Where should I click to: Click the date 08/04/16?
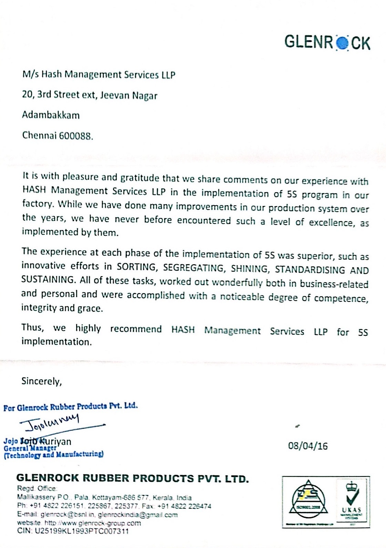coord(308,446)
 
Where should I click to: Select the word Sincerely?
coord(41,381)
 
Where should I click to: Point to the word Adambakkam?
coord(51,115)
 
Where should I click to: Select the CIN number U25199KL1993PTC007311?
coord(82,531)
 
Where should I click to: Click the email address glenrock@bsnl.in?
coord(68,515)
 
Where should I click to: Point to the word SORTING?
coord(136,267)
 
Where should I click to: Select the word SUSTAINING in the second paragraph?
coord(48,279)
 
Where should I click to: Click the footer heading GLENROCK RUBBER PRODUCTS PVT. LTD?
coord(132,478)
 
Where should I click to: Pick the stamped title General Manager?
coord(30,448)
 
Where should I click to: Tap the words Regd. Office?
coord(37,488)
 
